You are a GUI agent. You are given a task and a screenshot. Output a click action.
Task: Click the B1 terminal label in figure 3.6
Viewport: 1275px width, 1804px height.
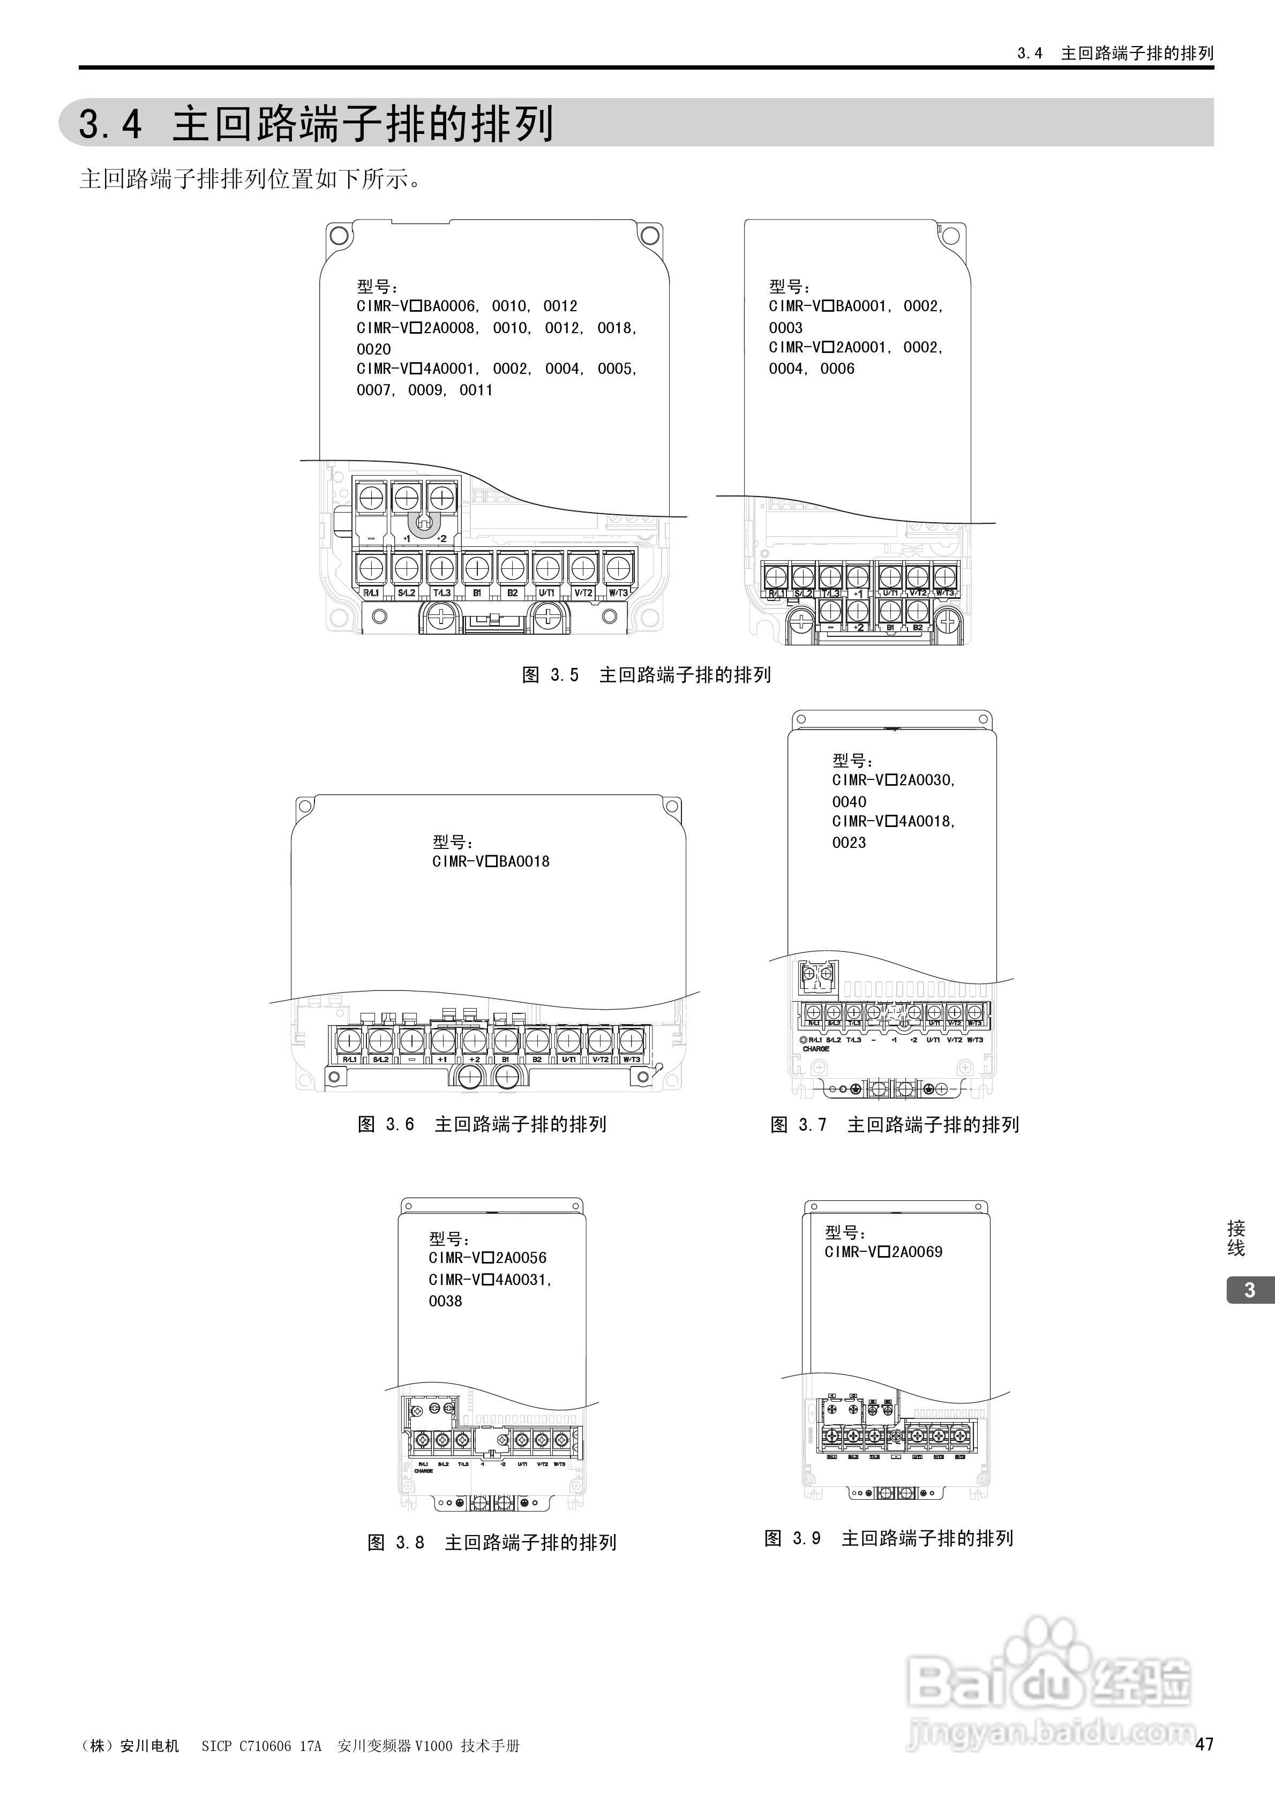[x=505, y=1059]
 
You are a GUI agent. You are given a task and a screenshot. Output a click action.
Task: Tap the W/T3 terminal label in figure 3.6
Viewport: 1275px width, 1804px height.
[x=631, y=1059]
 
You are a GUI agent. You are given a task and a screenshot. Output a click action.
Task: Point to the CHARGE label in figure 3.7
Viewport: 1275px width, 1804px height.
[x=816, y=1049]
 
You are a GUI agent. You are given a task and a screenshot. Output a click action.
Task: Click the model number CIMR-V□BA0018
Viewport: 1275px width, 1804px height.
[x=491, y=861]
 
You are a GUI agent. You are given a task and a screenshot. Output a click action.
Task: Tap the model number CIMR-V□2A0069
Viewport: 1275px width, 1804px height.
[x=883, y=1252]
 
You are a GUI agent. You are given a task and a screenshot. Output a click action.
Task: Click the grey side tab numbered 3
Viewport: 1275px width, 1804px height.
[x=1250, y=1290]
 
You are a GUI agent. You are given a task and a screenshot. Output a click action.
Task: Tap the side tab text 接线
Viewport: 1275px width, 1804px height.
[x=1236, y=1239]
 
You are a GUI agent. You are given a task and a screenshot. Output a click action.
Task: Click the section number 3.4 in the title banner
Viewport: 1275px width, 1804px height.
[x=111, y=124]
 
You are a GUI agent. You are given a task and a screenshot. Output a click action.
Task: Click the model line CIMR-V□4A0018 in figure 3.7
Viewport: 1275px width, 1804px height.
[x=894, y=821]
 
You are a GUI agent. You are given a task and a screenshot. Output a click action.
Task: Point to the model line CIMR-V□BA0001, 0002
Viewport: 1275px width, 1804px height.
[x=855, y=306]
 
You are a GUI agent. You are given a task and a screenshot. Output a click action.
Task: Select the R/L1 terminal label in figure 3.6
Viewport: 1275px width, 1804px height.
[x=349, y=1059]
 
